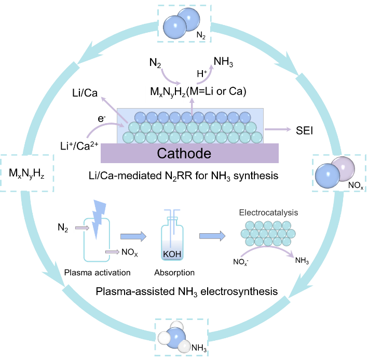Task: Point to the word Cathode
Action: [x=184, y=154]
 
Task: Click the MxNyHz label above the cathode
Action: [x=164, y=92]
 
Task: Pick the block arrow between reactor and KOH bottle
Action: [x=134, y=236]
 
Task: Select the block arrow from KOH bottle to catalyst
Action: [x=212, y=236]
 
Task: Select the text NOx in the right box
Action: [x=356, y=184]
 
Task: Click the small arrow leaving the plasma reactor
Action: [x=112, y=251]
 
